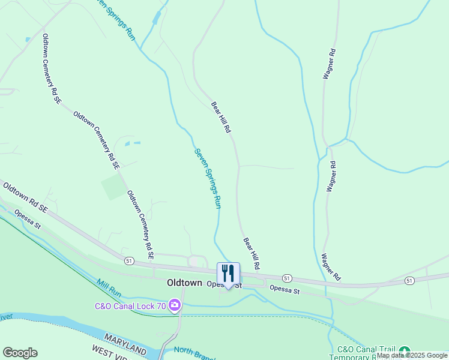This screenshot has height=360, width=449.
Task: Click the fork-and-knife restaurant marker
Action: click(228, 274)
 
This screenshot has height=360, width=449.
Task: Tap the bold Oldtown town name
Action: click(184, 283)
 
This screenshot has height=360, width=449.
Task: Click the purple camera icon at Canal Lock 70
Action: click(175, 306)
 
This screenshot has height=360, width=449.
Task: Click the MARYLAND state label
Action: click(125, 344)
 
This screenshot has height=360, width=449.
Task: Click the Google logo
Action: click(20, 353)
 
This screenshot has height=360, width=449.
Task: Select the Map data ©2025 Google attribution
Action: click(412, 356)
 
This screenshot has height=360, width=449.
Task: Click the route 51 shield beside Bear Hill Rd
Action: click(287, 278)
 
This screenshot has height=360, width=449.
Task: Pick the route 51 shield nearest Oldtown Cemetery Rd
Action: click(129, 261)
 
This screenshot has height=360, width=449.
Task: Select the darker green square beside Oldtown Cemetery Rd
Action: click(114, 187)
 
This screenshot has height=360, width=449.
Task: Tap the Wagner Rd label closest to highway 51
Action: click(331, 267)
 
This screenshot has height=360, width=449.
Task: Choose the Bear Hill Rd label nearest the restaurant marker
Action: click(252, 253)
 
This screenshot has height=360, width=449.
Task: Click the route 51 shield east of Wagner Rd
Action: click(409, 281)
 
